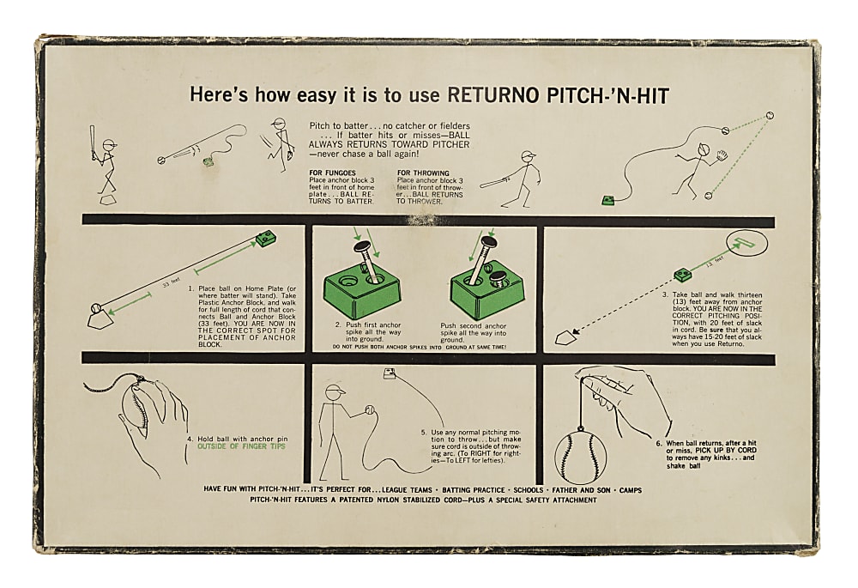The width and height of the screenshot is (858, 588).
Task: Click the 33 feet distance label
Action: tap(175, 280)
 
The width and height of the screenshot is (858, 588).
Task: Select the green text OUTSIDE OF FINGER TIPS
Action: tap(242, 446)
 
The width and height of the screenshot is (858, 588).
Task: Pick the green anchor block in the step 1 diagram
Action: tap(265, 238)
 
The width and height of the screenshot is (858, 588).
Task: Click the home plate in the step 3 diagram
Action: tap(564, 338)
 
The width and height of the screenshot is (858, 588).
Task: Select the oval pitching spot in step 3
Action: tap(746, 243)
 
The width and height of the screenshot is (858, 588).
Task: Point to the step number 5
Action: tap(423, 433)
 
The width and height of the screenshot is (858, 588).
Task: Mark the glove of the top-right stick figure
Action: tap(721, 156)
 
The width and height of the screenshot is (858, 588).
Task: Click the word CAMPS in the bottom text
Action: tap(627, 489)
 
